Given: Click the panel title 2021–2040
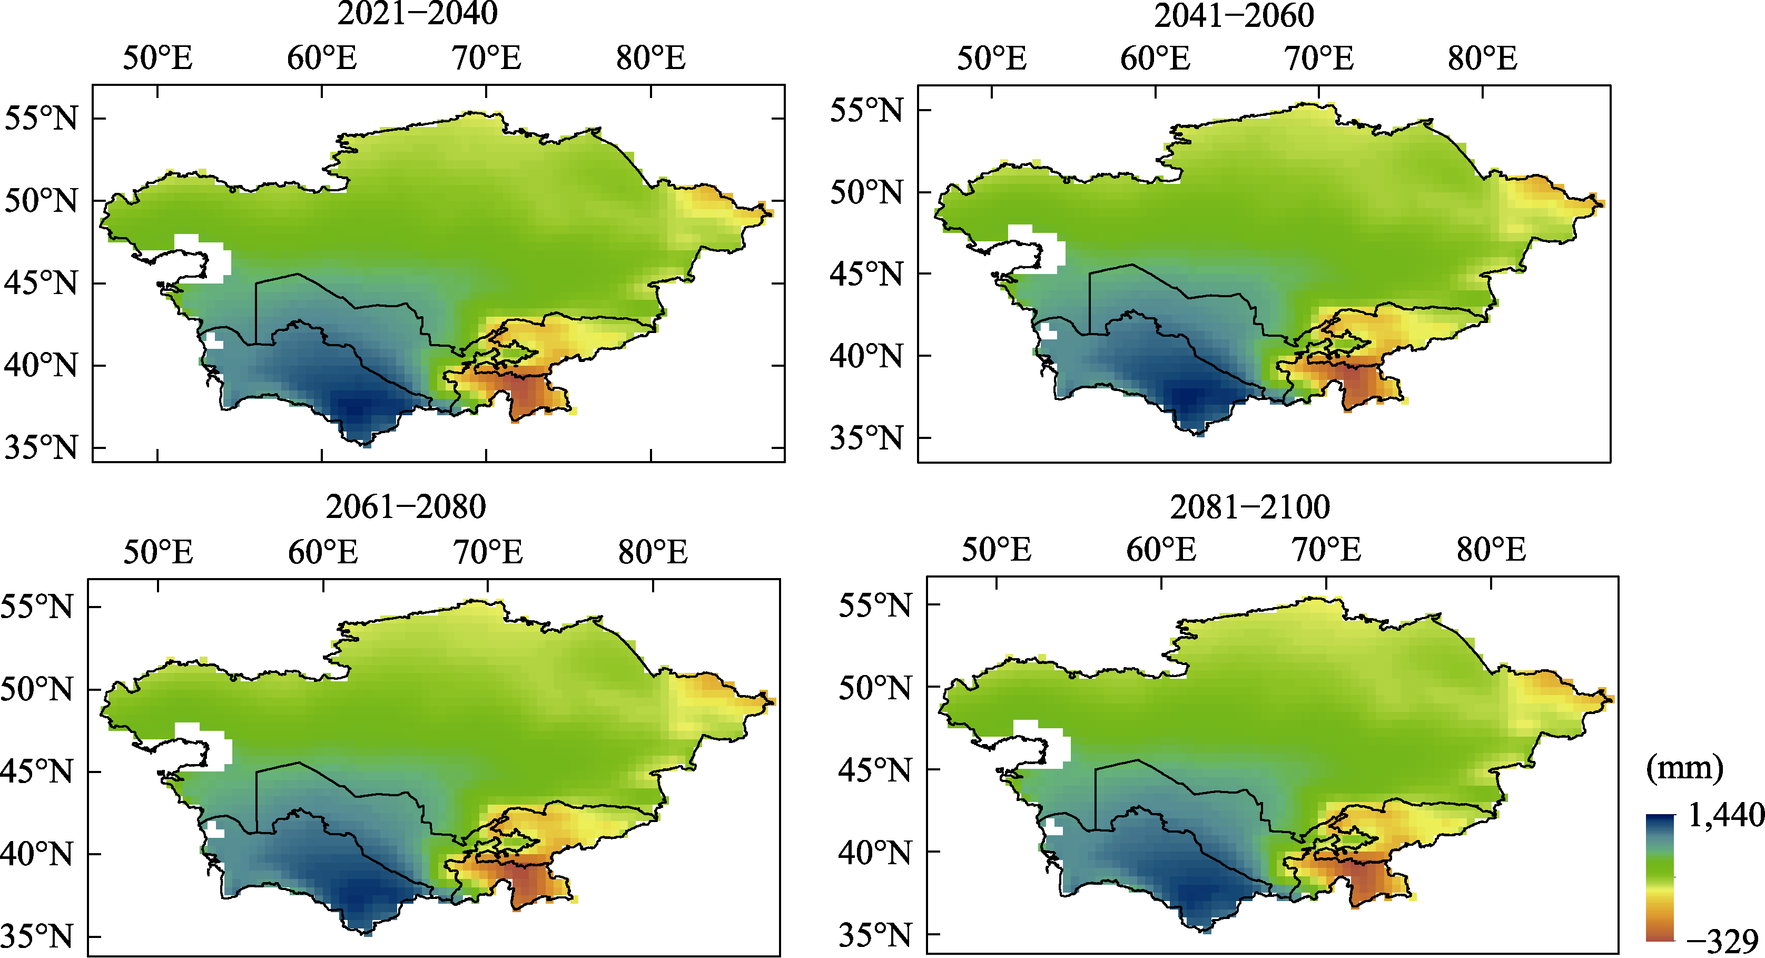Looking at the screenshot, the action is point(417,13).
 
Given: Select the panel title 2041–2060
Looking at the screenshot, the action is point(1234,15).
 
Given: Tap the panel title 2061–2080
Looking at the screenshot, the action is point(406,507).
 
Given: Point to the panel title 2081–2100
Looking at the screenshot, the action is point(1250,507).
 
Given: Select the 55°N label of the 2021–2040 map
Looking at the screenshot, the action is point(41,119).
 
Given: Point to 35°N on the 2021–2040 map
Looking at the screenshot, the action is point(41,447).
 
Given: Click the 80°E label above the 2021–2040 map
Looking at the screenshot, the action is point(650,58).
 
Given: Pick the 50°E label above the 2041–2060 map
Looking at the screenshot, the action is point(991,58).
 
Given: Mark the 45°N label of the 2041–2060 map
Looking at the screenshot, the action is point(866,274).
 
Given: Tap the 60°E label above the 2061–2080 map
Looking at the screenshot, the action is point(323,552).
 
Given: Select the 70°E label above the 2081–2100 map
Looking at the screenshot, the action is point(1326,550).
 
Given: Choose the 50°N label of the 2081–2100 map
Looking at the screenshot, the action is point(875,687).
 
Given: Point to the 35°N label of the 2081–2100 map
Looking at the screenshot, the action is point(875,935).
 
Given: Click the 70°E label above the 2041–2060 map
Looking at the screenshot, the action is point(1319,58).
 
